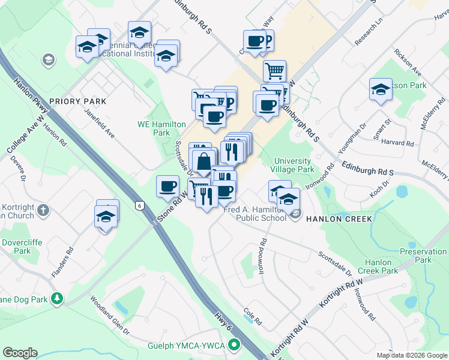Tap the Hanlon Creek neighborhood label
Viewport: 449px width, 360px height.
(x=339, y=218)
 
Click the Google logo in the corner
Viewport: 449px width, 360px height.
(x=20, y=353)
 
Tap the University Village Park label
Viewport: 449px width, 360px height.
(x=294, y=165)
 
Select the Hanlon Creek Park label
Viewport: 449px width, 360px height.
(x=381, y=266)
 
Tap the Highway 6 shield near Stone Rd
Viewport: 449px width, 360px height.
(x=140, y=205)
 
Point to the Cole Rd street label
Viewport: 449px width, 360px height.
(x=253, y=316)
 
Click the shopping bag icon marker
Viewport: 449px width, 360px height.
(x=204, y=161)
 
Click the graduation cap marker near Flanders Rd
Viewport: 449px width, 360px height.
(x=106, y=217)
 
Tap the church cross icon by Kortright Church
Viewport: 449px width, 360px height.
(x=43, y=210)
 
